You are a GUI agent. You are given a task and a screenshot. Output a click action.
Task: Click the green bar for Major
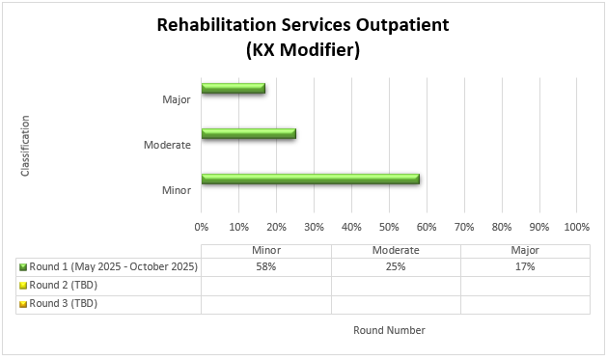tap(234, 89)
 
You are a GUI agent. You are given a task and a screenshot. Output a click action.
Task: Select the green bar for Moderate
tap(249, 133)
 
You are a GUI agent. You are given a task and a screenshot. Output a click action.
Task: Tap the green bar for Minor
tap(310, 179)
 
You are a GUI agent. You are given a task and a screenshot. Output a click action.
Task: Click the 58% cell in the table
tap(266, 267)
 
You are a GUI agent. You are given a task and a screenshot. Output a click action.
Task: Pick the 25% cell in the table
tap(396, 267)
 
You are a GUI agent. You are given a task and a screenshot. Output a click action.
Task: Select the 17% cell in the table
tap(525, 267)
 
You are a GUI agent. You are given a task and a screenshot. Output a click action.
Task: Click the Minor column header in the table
tap(266, 250)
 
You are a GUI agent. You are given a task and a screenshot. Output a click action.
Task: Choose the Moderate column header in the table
tap(396, 250)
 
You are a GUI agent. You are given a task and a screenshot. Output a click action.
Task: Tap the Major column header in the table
tap(525, 250)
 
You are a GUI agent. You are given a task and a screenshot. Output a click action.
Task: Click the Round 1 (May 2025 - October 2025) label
tap(113, 267)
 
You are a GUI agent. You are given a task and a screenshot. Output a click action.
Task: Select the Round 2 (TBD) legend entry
tap(63, 285)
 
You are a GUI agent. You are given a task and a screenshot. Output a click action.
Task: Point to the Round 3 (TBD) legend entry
tap(63, 303)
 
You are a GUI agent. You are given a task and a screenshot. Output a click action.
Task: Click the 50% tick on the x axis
tap(389, 227)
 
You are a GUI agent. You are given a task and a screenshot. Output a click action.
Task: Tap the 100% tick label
tap(576, 227)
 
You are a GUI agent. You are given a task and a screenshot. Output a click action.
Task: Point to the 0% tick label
tap(202, 227)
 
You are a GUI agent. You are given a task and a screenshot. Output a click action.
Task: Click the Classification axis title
tap(25, 146)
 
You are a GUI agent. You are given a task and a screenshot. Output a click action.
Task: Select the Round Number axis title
tap(389, 330)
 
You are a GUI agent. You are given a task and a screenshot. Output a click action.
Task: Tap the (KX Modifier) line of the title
tap(303, 51)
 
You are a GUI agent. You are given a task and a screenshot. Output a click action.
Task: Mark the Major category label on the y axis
tap(176, 99)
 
